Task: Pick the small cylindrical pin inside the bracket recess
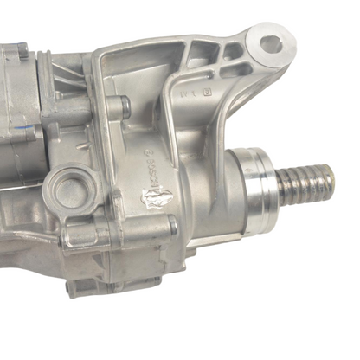tap(125, 106)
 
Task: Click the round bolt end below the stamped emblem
tap(172, 227)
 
